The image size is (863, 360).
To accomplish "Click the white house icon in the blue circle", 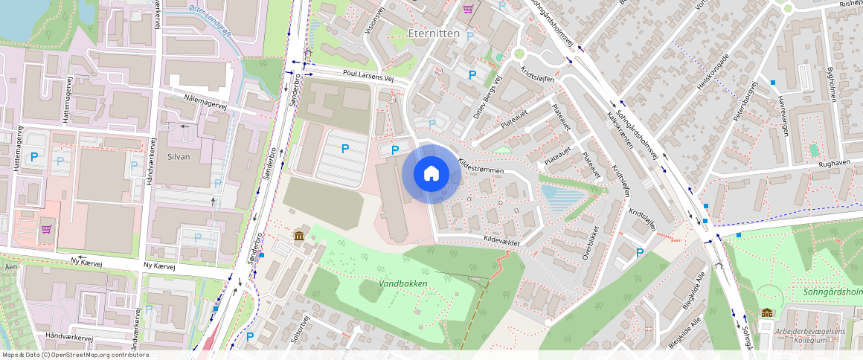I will pos(431,173).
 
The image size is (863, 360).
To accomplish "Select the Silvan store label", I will pos(179,157).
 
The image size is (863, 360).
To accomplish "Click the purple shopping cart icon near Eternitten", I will pos(468,9).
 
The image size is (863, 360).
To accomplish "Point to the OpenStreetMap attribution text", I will pos(74,355).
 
